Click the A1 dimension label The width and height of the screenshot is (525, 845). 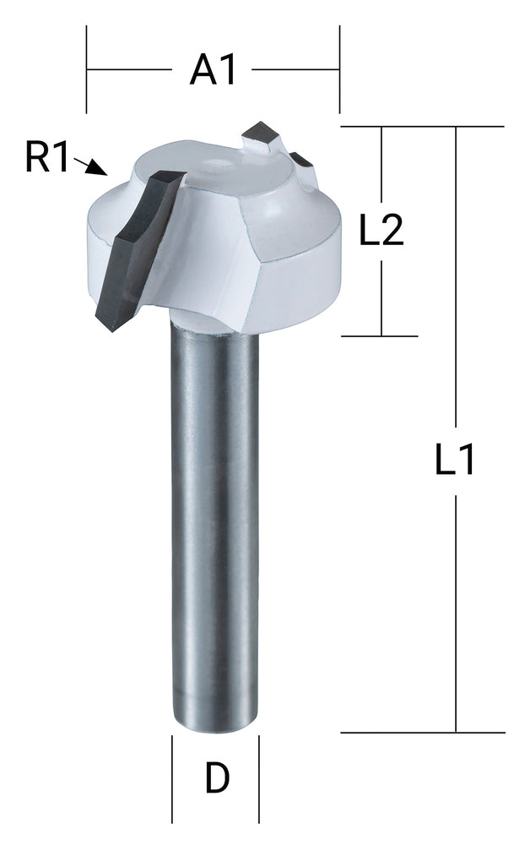(212, 69)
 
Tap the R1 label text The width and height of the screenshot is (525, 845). (46, 158)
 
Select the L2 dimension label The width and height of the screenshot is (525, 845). (382, 231)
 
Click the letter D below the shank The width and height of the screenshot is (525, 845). (217, 778)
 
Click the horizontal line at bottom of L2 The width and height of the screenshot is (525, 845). (380, 335)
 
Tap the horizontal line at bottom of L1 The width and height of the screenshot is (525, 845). (422, 732)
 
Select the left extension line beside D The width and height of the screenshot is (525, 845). (172, 778)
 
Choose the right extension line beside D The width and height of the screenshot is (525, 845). (259, 778)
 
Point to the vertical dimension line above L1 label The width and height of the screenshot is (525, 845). (456, 279)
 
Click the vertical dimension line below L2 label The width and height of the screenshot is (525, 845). (382, 296)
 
